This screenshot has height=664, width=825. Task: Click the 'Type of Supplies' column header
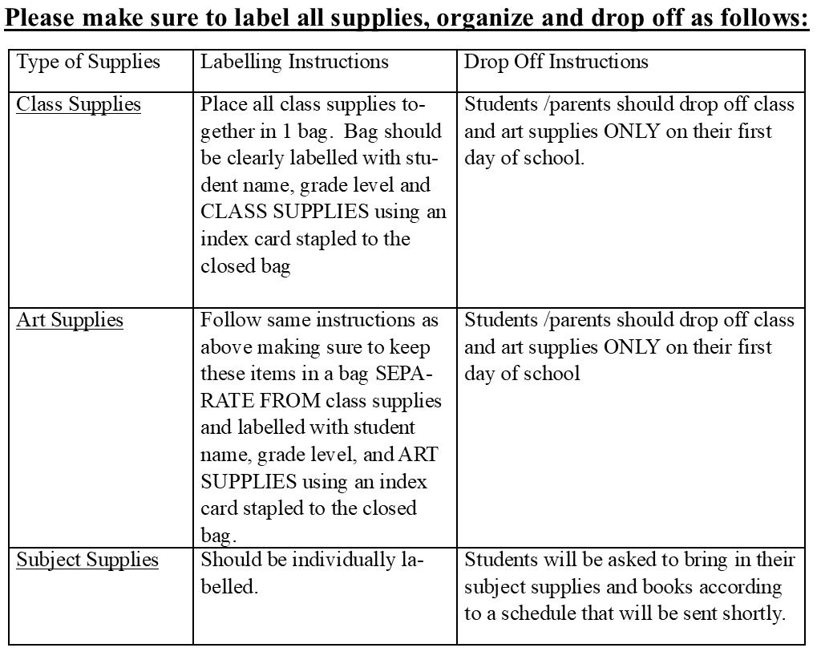point(88,63)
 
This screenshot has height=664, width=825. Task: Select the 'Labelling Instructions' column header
point(294,63)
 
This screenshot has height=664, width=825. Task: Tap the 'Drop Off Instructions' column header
point(556,63)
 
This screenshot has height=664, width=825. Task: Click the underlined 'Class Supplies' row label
point(79,105)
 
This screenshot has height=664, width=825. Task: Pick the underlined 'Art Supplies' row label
point(70,321)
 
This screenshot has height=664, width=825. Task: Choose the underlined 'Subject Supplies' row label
point(87,560)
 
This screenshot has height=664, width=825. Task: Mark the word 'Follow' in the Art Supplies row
point(227,321)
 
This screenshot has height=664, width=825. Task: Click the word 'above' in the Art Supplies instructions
point(227,347)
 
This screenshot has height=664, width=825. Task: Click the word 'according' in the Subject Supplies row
point(742,586)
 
